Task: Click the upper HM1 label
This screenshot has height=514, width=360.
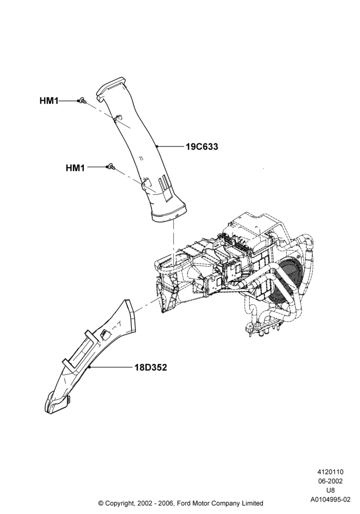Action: pyautogui.click(x=49, y=101)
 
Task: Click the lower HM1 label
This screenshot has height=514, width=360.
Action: pyautogui.click(x=75, y=168)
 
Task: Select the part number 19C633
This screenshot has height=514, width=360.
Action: pyautogui.click(x=202, y=147)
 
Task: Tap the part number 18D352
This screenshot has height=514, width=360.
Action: pyautogui.click(x=151, y=368)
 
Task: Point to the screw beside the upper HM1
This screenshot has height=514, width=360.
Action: pyautogui.click(x=81, y=101)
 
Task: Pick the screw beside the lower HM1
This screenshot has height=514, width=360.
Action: pyautogui.click(x=111, y=167)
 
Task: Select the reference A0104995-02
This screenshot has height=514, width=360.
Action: pyautogui.click(x=330, y=500)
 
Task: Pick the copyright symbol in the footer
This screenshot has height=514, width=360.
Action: pyautogui.click(x=101, y=503)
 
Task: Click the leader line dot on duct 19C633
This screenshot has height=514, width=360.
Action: pyautogui.click(x=157, y=146)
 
